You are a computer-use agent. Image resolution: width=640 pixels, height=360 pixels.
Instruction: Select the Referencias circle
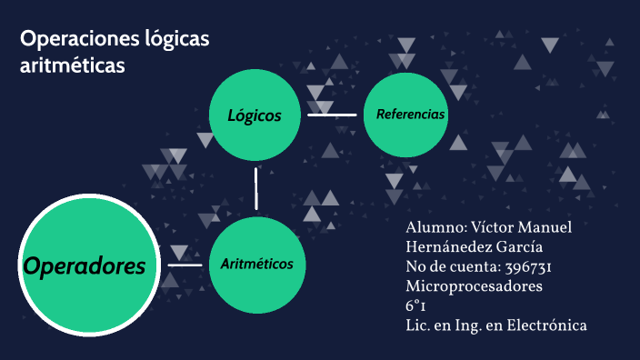409,115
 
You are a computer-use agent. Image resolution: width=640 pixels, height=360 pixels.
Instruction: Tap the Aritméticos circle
256,264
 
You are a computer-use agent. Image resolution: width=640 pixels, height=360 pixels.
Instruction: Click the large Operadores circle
84,265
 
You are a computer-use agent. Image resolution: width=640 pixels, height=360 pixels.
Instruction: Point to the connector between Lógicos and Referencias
332,115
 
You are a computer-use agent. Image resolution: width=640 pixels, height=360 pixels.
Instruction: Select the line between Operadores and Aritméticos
185,265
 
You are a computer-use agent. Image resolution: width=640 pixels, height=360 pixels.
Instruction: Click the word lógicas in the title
172,39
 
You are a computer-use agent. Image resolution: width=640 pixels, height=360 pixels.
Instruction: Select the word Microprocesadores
474,285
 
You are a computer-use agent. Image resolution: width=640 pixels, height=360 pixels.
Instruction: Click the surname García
517,247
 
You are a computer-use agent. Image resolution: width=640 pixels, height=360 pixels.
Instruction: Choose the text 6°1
416,305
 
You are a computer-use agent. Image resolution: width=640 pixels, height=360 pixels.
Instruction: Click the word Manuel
549,227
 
